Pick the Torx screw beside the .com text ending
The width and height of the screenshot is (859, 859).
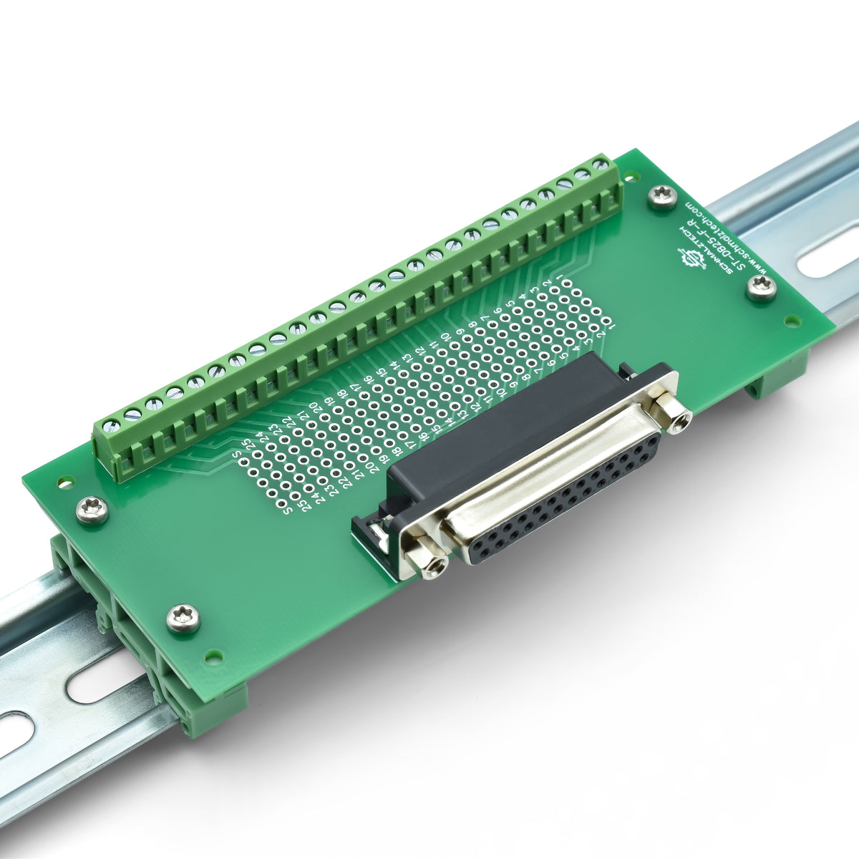[x=662, y=195]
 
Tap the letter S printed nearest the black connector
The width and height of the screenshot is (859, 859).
[x=287, y=510]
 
